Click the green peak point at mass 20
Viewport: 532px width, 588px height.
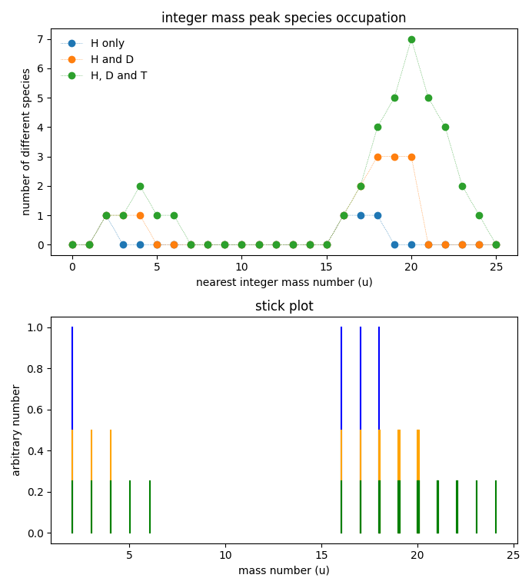point(411,39)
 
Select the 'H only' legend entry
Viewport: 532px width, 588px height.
point(107,44)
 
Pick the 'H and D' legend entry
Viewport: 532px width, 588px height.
point(108,60)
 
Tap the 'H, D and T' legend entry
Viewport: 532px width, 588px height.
point(118,75)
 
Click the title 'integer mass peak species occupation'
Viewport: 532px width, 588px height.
point(284,18)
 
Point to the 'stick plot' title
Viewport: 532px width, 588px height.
point(284,306)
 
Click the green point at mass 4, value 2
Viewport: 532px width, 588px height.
point(140,186)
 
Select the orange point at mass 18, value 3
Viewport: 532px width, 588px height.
point(377,157)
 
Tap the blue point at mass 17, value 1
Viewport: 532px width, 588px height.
point(361,215)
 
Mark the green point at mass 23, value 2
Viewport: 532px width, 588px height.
point(462,186)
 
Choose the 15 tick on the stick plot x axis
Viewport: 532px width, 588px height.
point(322,555)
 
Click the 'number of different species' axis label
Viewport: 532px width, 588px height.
point(26,141)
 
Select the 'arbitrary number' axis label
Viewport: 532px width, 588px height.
point(16,430)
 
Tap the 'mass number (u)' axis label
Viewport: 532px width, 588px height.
point(284,570)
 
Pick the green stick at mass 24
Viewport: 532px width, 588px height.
point(496,507)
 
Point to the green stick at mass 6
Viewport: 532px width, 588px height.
point(150,507)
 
